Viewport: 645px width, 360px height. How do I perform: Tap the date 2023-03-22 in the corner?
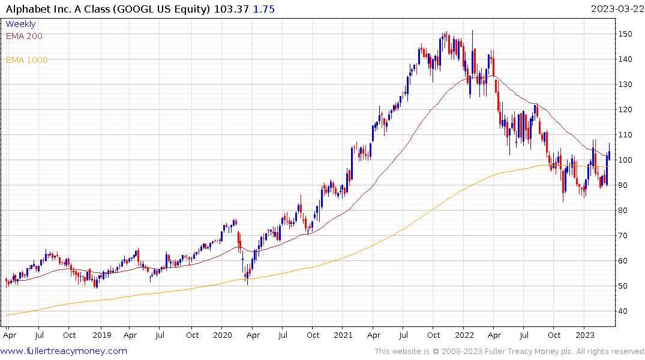click(x=617, y=8)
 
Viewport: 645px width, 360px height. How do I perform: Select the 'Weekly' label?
click(x=20, y=24)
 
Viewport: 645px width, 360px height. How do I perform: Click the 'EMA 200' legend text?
click(x=24, y=36)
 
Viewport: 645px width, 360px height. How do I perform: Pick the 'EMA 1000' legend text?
click(x=27, y=60)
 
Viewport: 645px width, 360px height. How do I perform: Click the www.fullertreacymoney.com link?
click(x=64, y=351)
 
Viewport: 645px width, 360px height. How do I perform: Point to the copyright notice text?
click(x=509, y=352)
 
